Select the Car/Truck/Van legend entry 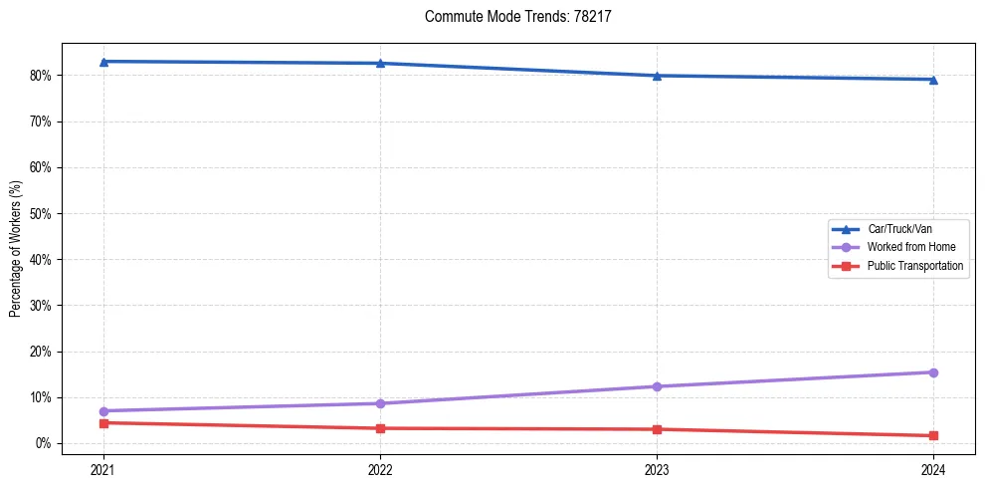tap(899, 229)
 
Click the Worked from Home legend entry tap(910, 247)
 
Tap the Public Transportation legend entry tap(915, 266)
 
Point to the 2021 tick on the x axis tap(102, 468)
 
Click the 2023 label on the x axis tap(657, 468)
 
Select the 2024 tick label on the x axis tap(933, 468)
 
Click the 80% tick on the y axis tap(42, 76)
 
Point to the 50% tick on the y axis tap(42, 213)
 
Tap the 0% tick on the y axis tap(45, 443)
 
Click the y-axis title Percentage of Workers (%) tap(16, 249)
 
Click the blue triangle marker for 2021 tap(102, 62)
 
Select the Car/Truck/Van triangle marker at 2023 tap(657, 76)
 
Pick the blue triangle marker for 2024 tap(933, 80)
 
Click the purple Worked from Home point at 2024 tap(933, 372)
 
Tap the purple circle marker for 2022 tap(380, 403)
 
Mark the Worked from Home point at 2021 tap(102, 411)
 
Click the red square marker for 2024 tap(933, 435)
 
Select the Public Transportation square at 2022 tap(380, 428)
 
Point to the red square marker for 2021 tap(102, 423)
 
